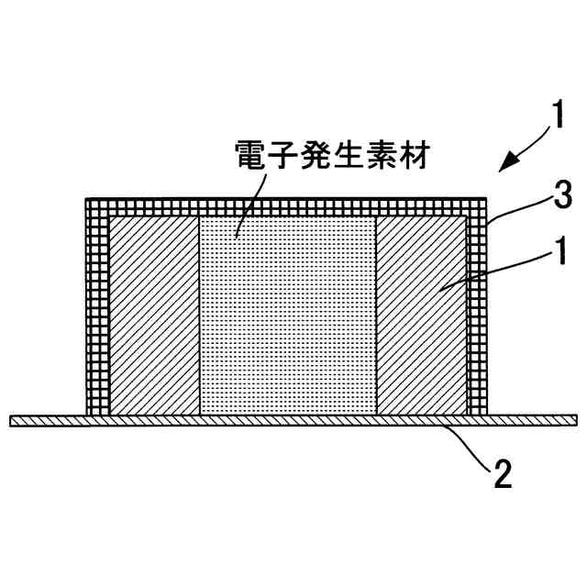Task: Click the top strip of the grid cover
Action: coord(286,207)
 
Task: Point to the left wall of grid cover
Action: coord(96,312)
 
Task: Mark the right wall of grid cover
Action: coord(478,312)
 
